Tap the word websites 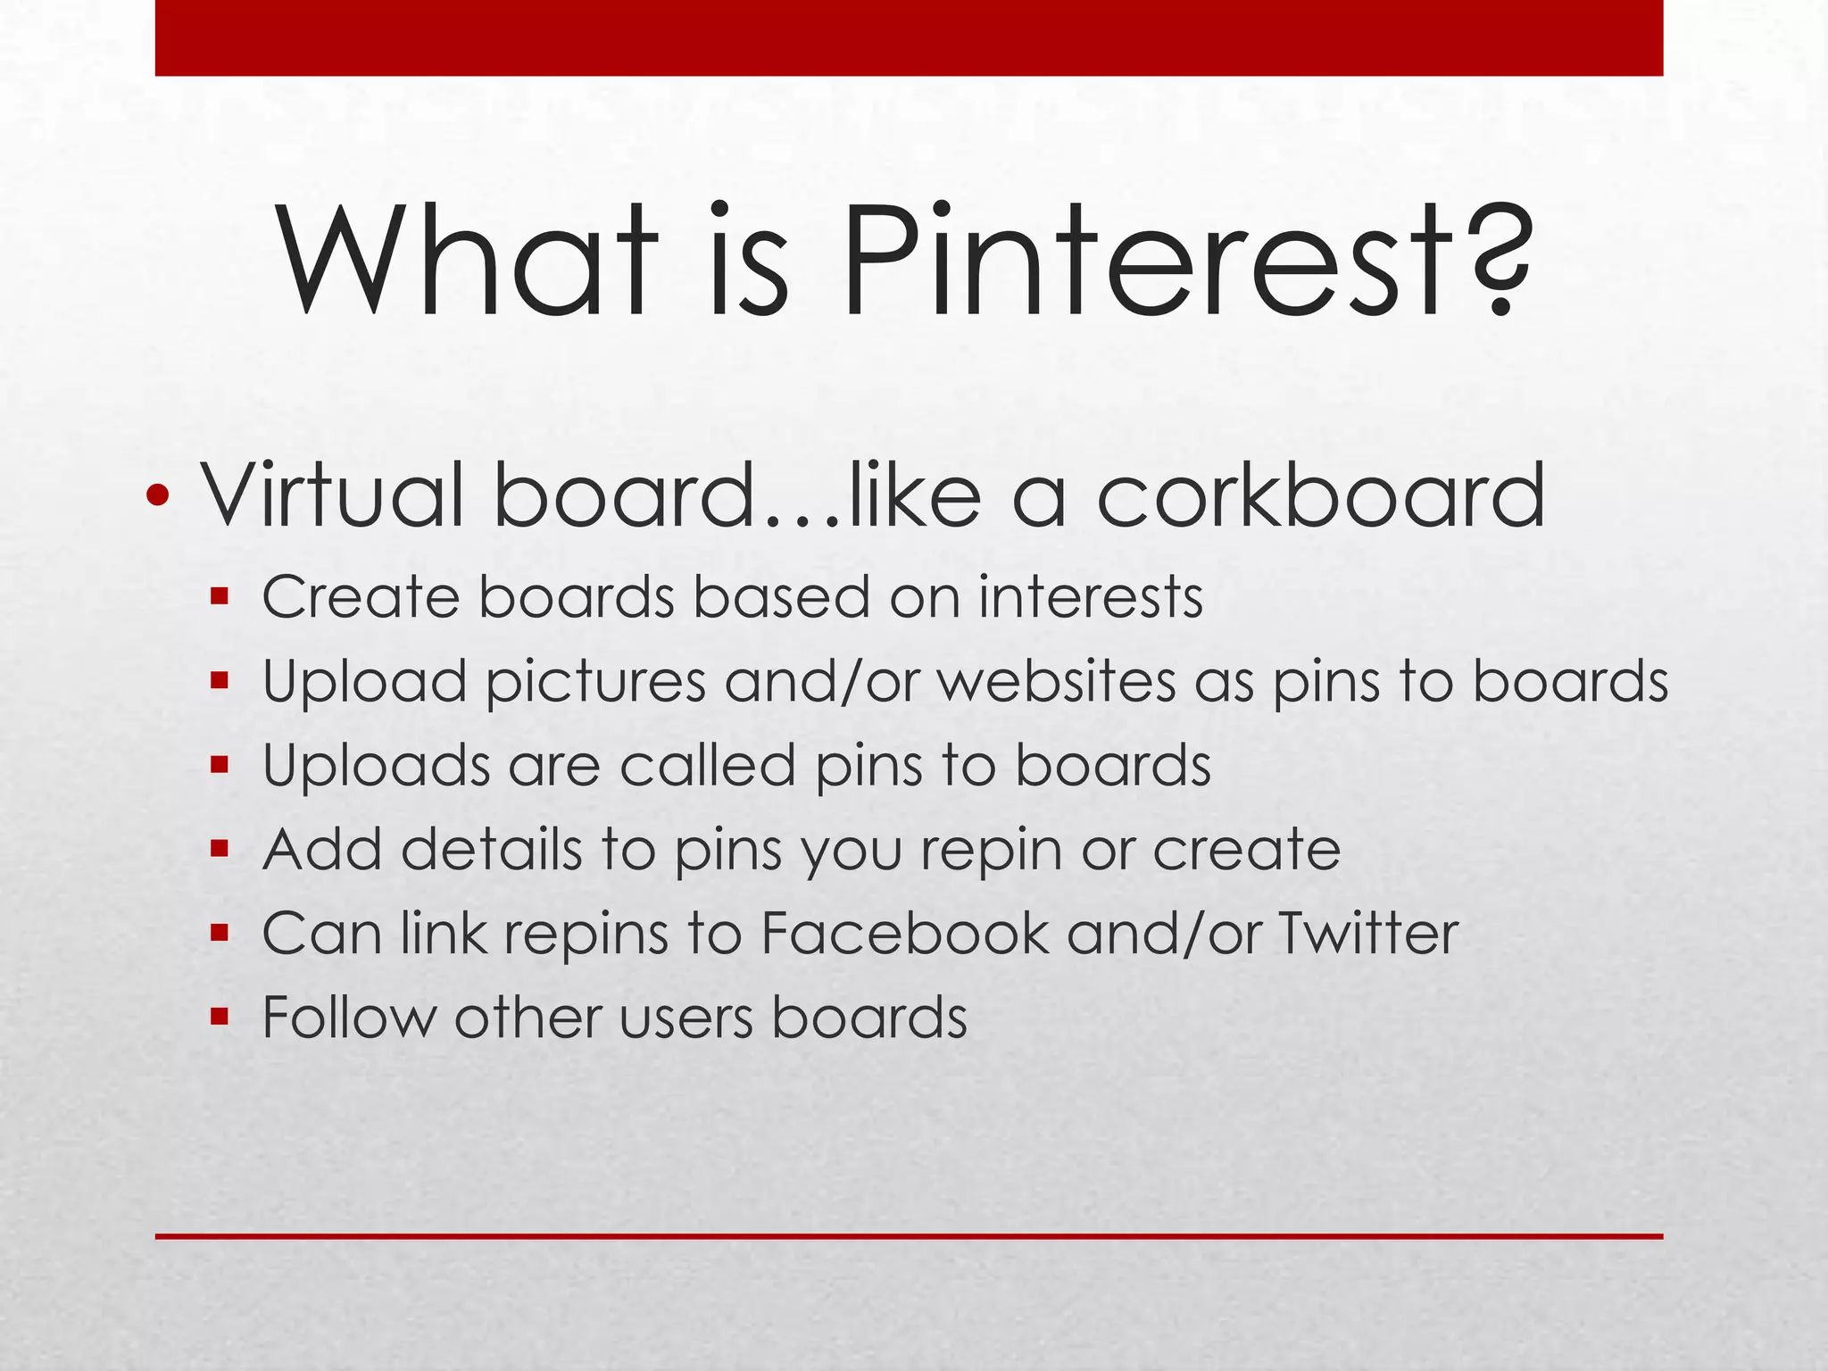(x=1057, y=681)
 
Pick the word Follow (x=348, y=1018)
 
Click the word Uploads (x=376, y=766)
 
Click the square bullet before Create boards (x=220, y=595)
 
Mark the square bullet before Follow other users (x=220, y=1017)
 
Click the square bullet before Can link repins (x=220, y=933)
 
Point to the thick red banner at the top (x=909, y=37)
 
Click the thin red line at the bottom (x=909, y=1236)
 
